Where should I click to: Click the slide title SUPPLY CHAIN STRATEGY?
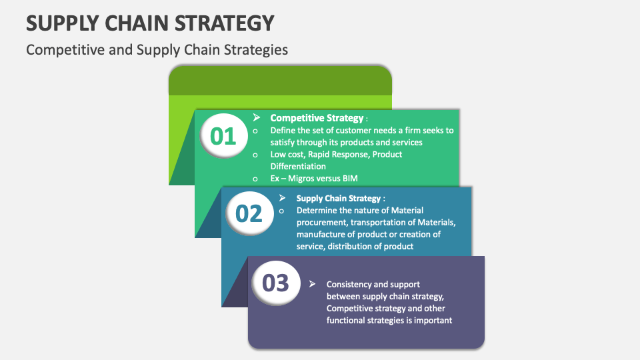(150, 23)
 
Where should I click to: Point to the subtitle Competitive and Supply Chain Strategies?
(157, 50)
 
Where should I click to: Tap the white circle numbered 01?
(224, 135)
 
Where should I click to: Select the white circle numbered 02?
(249, 213)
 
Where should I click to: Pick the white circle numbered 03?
(275, 283)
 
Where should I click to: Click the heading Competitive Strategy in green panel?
(317, 118)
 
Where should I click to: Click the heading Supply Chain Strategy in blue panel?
(339, 199)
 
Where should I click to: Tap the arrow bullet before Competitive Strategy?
(256, 117)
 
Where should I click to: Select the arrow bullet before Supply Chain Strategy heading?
(282, 198)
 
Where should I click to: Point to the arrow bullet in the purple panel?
(312, 284)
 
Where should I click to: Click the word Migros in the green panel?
(302, 179)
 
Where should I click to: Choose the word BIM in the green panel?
(350, 179)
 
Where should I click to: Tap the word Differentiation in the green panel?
(298, 167)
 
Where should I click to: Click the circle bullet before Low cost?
(255, 155)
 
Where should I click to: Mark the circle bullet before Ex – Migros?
(255, 179)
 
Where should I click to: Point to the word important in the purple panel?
(433, 321)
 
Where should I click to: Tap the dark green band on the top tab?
(281, 81)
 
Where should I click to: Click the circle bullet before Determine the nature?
(281, 211)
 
